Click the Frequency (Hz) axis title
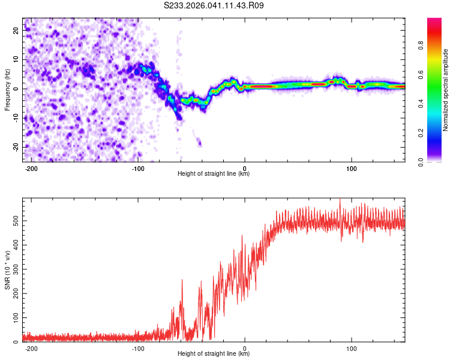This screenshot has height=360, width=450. pos(7,89)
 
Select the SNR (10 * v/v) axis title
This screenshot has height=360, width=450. pos(7,270)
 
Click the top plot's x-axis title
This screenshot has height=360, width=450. pos(214,174)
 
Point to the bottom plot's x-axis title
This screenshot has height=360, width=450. pos(214,354)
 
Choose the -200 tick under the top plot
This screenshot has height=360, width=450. pos(31,168)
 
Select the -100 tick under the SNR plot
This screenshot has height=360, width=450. pos(138,348)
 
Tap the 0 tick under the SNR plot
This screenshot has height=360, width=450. pos(245,348)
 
